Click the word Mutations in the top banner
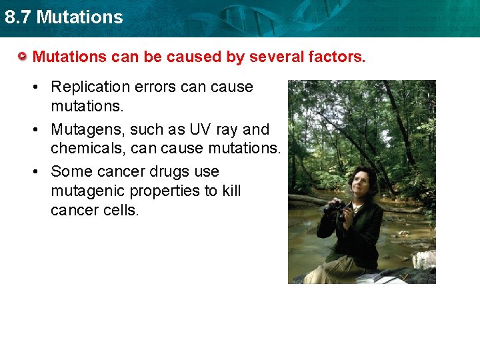point(80,17)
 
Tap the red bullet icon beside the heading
point(23,57)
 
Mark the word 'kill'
point(231,191)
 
